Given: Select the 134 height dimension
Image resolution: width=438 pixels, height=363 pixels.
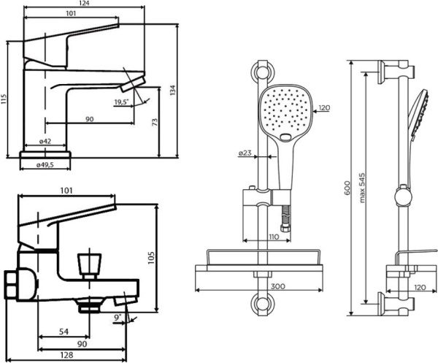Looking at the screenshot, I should (173, 89).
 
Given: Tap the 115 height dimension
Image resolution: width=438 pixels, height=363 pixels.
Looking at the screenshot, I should (5, 97).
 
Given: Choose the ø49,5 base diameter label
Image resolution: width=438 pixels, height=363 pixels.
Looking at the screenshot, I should (45, 165).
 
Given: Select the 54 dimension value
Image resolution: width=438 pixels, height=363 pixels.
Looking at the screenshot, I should (64, 332).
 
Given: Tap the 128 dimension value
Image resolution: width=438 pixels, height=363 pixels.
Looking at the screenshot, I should (66, 354).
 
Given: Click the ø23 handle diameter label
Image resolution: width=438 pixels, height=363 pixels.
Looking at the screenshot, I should (245, 153).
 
